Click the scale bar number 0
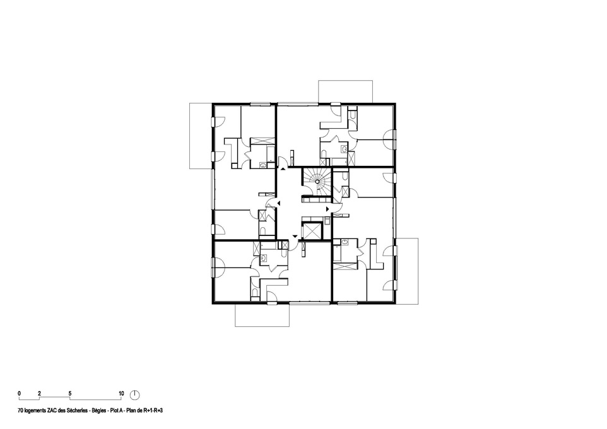tap(19, 394)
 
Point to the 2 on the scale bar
tap(39, 394)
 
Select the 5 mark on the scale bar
tap(70, 394)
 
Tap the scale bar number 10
tap(121, 394)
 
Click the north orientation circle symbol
tap(135, 394)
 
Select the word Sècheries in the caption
tap(76, 410)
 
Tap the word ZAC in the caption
tap(52, 410)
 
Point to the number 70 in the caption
tap(20, 410)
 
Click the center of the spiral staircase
tap(317, 181)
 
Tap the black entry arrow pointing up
tap(283, 169)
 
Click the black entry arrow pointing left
tap(278, 204)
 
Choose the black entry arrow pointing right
tap(327, 209)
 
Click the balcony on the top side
tap(345, 91)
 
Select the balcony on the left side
tap(201, 136)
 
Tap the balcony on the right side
tap(407, 271)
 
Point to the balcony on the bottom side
tap(262, 315)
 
